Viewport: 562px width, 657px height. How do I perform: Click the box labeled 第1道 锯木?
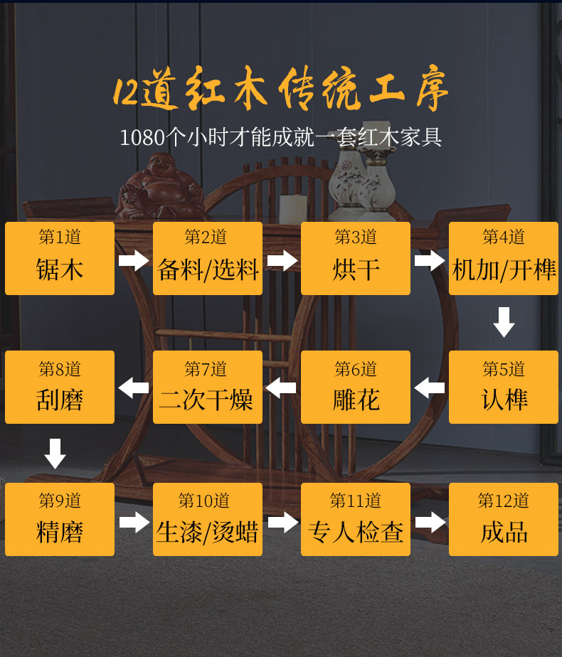pos(60,258)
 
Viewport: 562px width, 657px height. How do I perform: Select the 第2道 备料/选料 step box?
pos(208,258)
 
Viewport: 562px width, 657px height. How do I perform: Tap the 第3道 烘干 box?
pos(356,258)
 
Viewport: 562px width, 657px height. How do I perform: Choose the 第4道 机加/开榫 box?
pos(504,258)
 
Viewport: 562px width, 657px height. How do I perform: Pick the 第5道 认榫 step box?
pos(504,387)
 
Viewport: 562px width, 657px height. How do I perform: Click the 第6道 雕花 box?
pos(356,387)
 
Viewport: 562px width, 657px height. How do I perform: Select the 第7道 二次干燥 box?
pos(208,387)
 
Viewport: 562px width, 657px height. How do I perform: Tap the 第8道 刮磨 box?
pos(60,387)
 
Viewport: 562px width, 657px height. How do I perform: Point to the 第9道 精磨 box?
pos(60,519)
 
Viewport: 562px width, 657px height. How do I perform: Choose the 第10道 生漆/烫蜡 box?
pos(208,519)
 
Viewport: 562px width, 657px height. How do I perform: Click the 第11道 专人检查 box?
pos(356,519)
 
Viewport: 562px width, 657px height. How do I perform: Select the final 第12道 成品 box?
pos(504,519)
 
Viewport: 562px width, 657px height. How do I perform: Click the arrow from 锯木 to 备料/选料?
pos(134,260)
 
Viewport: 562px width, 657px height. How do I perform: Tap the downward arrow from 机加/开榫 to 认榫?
pos(504,322)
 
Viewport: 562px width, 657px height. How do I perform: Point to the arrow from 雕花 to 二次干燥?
pos(281,388)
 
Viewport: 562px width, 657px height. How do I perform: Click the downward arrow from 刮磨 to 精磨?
pos(55,454)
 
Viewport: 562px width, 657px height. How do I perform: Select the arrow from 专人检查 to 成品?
pos(430,523)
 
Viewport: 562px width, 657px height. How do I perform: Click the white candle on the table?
pos(292,208)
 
